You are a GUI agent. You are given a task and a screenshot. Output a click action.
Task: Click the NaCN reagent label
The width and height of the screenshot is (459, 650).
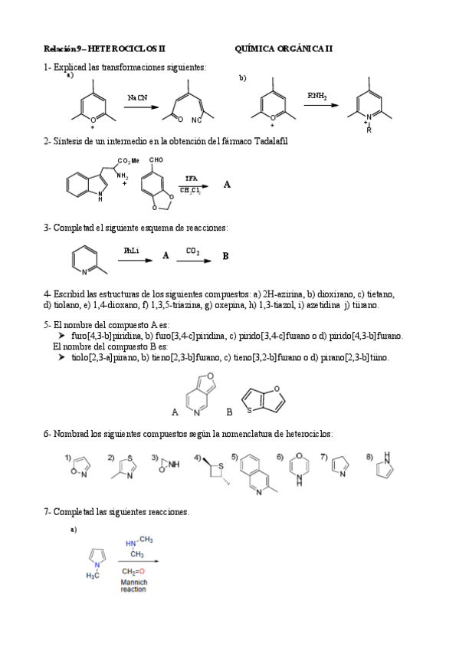tap(138, 98)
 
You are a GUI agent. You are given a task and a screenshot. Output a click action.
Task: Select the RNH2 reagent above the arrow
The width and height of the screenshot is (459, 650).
tap(316, 96)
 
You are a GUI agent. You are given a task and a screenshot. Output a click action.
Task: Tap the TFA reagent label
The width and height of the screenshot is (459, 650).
tap(191, 178)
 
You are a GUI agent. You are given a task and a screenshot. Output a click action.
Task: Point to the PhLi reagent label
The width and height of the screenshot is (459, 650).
tap(131, 251)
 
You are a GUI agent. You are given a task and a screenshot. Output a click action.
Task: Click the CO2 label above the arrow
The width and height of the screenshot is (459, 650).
tap(192, 251)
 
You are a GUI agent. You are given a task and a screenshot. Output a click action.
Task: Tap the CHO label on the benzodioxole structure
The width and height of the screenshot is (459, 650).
tap(156, 160)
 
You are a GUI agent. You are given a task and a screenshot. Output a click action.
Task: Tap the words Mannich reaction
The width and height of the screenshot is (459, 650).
tap(133, 586)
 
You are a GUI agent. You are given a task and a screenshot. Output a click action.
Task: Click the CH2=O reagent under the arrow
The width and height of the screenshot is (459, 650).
tap(133, 570)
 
